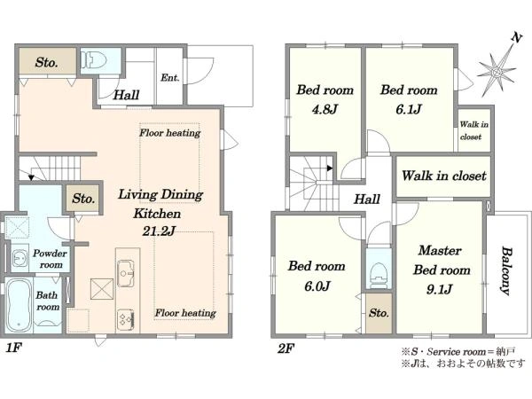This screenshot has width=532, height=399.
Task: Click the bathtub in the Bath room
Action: (19, 305)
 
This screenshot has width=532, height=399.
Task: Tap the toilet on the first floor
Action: (95, 60)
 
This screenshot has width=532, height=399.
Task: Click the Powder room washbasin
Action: (20, 259)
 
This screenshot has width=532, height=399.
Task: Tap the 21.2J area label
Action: (159, 231)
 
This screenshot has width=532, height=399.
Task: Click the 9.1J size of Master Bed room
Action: (440, 289)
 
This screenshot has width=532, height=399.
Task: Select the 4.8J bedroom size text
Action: (325, 109)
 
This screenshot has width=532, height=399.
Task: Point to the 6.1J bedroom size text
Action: (409, 109)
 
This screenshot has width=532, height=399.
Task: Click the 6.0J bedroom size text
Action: (317, 286)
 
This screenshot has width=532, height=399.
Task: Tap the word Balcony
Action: (506, 271)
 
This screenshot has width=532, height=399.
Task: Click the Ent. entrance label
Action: (170, 78)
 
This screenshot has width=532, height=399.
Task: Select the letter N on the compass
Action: (516, 37)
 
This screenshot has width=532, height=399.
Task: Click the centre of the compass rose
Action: (497, 73)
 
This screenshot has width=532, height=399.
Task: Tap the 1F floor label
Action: (13, 348)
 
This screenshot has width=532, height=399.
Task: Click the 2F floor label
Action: (286, 348)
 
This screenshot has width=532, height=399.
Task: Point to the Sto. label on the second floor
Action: (379, 312)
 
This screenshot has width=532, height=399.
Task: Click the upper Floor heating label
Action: (170, 133)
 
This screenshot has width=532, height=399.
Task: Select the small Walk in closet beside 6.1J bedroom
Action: (474, 130)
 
